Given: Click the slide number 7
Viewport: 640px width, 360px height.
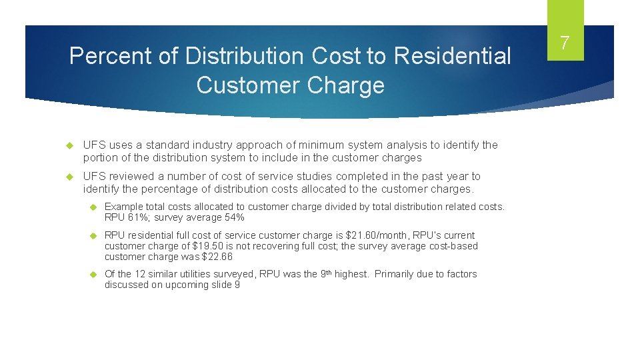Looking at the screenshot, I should click(x=565, y=43).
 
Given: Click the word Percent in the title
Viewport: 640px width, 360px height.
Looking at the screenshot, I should click(x=111, y=56).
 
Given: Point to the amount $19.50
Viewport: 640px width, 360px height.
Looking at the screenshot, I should click(x=207, y=246).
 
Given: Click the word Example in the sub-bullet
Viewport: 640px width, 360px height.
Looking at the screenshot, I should click(x=124, y=207).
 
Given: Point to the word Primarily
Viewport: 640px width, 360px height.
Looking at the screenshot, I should click(x=397, y=274).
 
